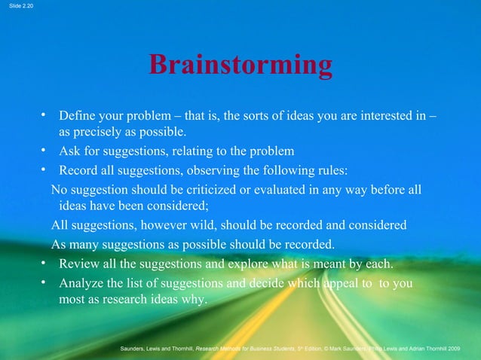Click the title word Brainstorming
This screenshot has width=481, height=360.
[x=240, y=66]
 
